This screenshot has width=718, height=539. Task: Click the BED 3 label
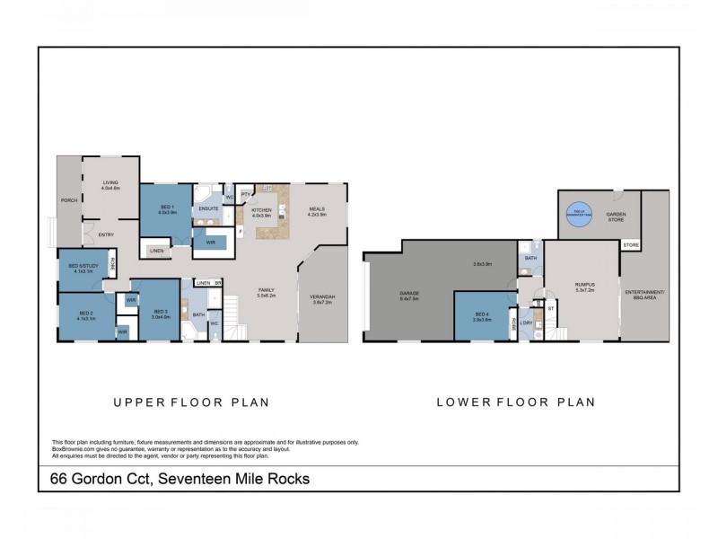(162, 312)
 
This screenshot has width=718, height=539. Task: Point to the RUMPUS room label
(585, 287)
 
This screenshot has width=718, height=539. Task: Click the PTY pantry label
(244, 194)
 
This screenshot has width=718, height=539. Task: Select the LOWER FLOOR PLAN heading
(516, 402)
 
